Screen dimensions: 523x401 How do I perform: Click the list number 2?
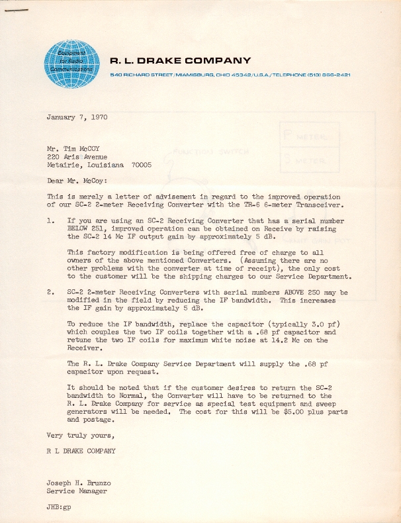tap(50, 292)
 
